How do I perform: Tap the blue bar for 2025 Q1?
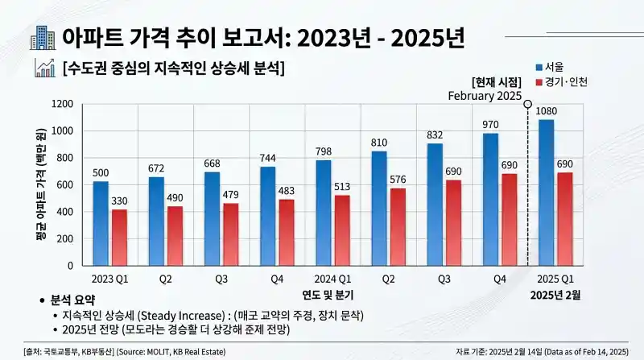pyautogui.click(x=546, y=192)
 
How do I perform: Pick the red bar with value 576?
pyautogui.click(x=397, y=226)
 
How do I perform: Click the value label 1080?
pyautogui.click(x=546, y=111)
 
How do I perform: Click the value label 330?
pyautogui.click(x=119, y=200)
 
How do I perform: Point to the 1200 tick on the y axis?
pyautogui.click(x=63, y=104)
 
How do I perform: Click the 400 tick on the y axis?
pyautogui.click(x=66, y=212)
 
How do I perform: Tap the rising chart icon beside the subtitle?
pyautogui.click(x=44, y=68)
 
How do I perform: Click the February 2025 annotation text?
pyautogui.click(x=485, y=96)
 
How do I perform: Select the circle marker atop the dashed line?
pyautogui.click(x=527, y=104)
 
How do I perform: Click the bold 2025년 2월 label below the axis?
pyautogui.click(x=555, y=294)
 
